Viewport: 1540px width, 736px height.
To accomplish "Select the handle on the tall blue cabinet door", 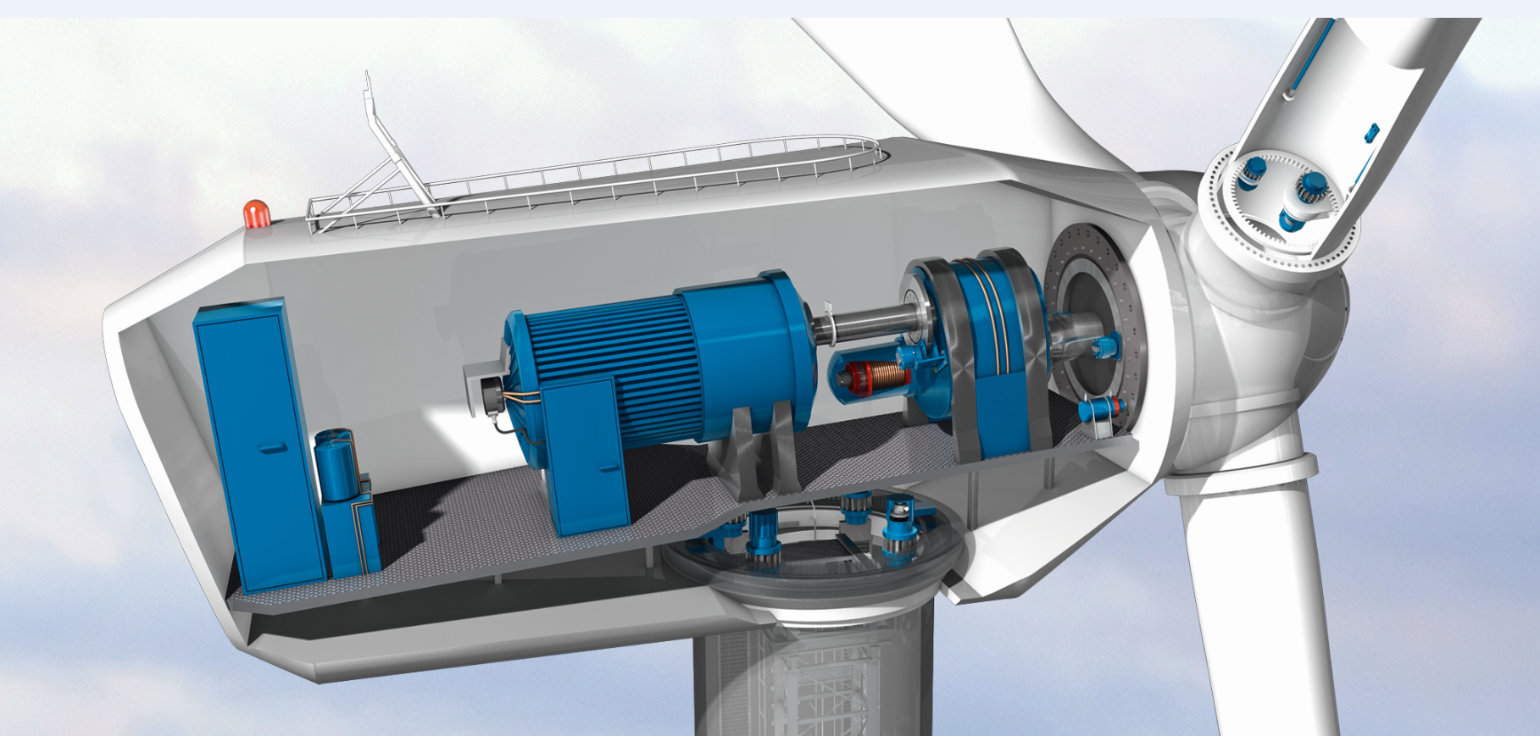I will point(273,448).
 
